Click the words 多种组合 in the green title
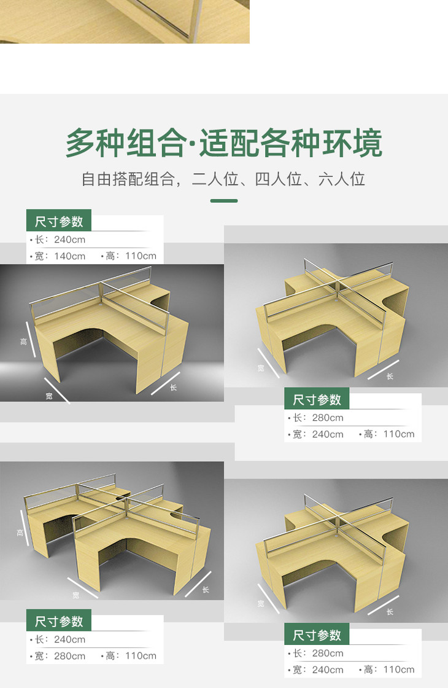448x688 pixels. pyautogui.click(x=126, y=143)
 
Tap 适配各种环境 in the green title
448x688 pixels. pyautogui.click(x=291, y=143)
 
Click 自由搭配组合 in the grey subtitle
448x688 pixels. pyautogui.click(x=128, y=179)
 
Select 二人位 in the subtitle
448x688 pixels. pyautogui.click(x=215, y=179)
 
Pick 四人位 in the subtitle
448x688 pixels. pyautogui.click(x=279, y=179)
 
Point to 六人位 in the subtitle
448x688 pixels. pyautogui.click(x=342, y=179)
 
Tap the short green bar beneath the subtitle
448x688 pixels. pyautogui.click(x=224, y=201)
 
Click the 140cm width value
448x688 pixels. pyautogui.click(x=70, y=256)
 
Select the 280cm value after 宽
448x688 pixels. pyautogui.click(x=70, y=656)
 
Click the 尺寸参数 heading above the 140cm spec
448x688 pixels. pyautogui.click(x=59, y=221)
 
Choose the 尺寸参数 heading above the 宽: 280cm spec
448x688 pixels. pyautogui.click(x=59, y=621)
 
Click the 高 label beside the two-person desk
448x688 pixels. pyautogui.click(x=24, y=342)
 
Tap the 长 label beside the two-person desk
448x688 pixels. pyautogui.click(x=173, y=388)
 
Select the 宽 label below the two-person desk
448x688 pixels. pyautogui.click(x=49, y=396)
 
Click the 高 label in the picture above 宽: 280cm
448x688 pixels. pyautogui.click(x=20, y=533)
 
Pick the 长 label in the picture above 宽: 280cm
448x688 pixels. pyautogui.click(x=206, y=590)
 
